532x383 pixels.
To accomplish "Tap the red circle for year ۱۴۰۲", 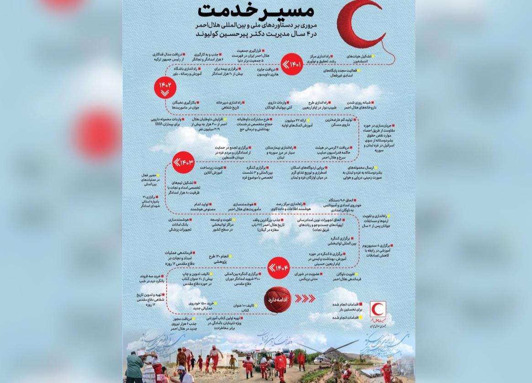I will (x=165, y=88).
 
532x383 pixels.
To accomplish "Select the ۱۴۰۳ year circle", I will (x=184, y=162).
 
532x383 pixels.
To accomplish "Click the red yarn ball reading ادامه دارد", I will (x=277, y=300).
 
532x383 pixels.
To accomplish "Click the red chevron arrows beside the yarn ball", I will (x=305, y=299).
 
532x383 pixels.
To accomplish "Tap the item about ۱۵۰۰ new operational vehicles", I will (x=203, y=305).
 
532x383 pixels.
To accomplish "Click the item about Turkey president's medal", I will (x=169, y=57).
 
